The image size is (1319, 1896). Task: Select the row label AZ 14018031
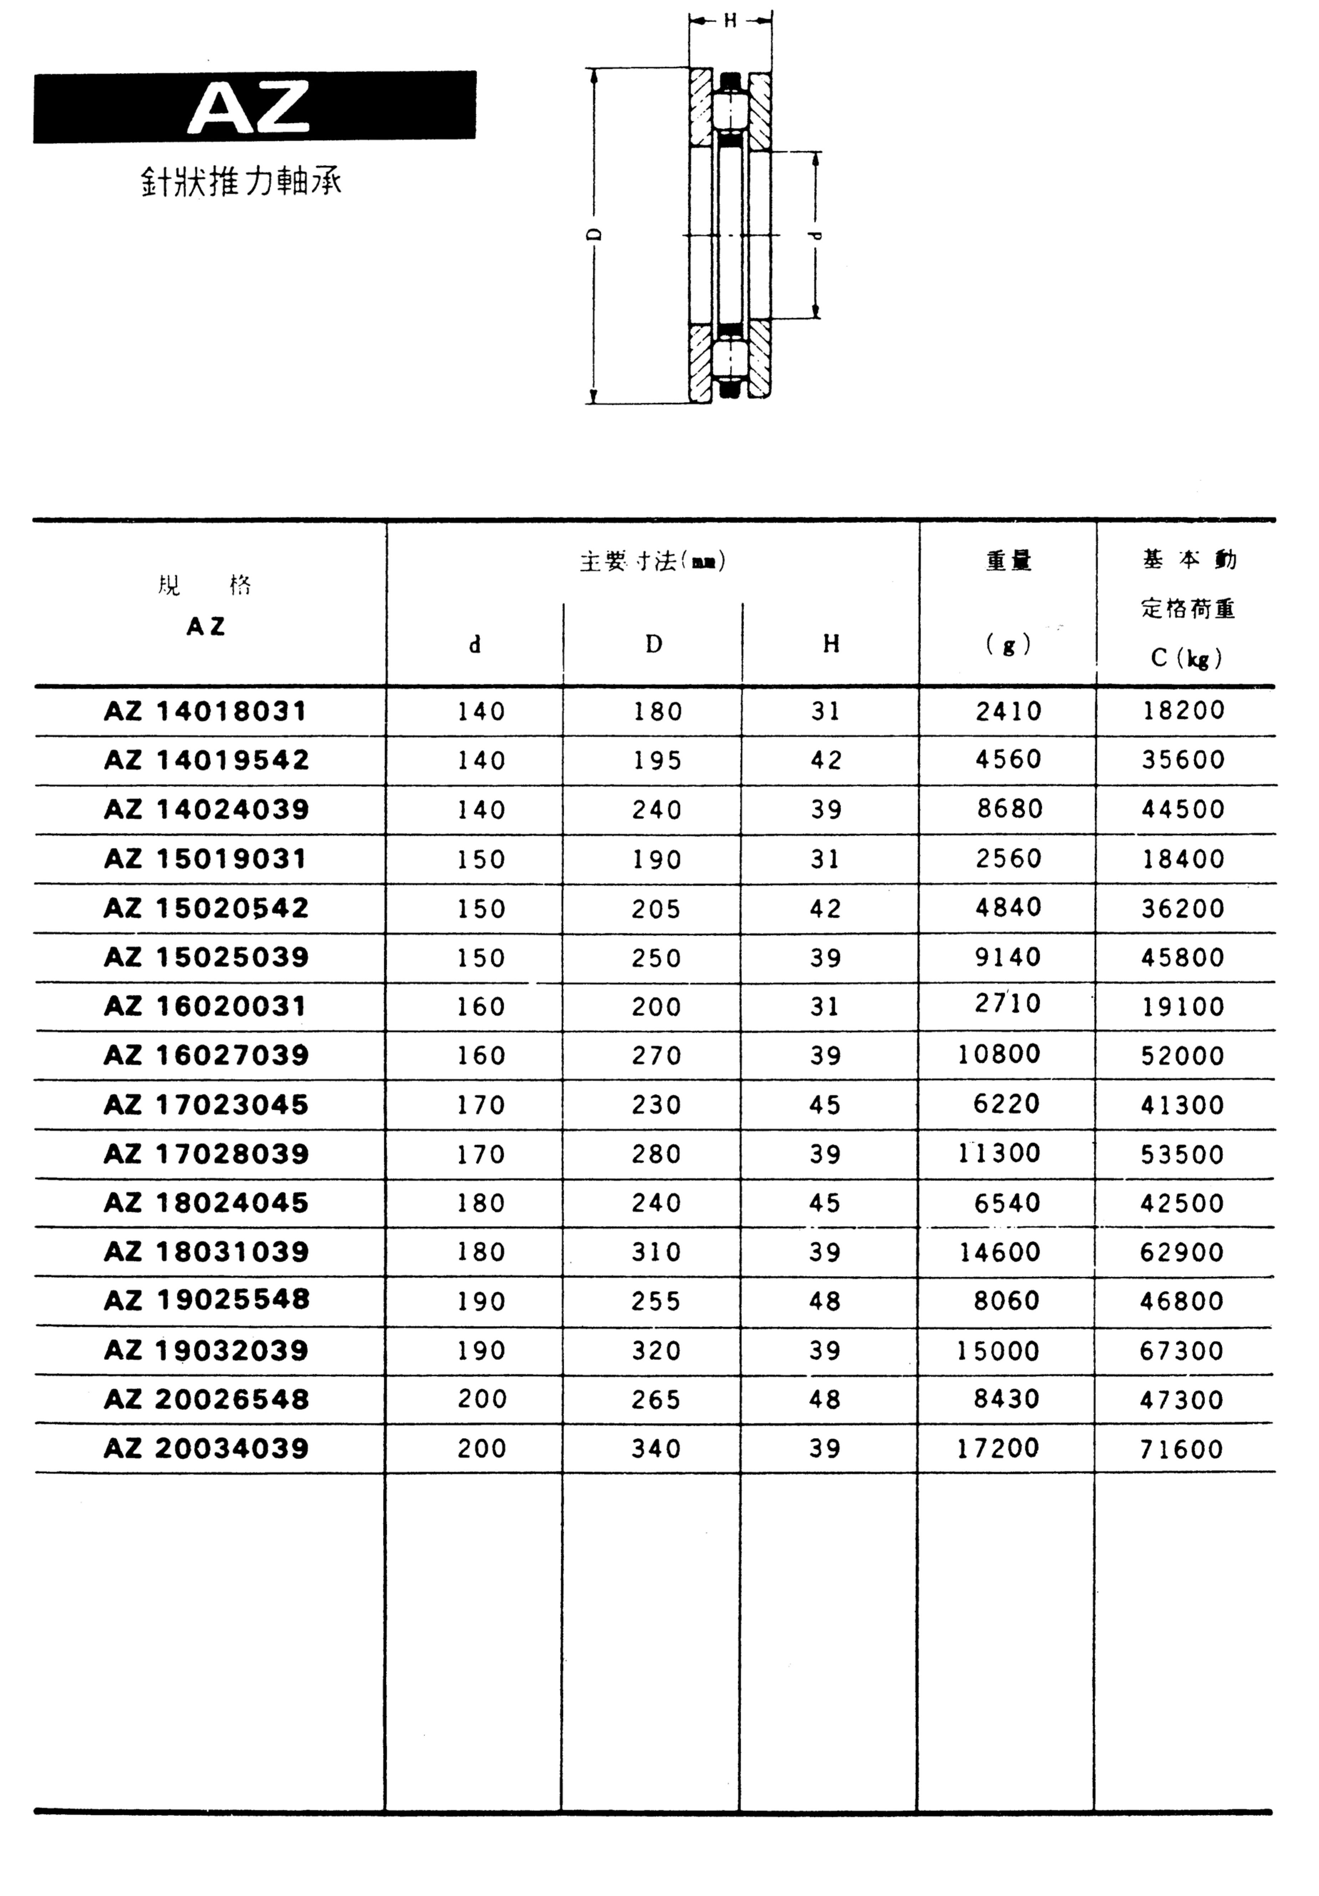tap(206, 711)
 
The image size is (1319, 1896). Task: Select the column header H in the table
tap(831, 644)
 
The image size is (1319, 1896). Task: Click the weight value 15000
tap(998, 1350)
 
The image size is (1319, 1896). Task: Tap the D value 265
tap(656, 1399)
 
